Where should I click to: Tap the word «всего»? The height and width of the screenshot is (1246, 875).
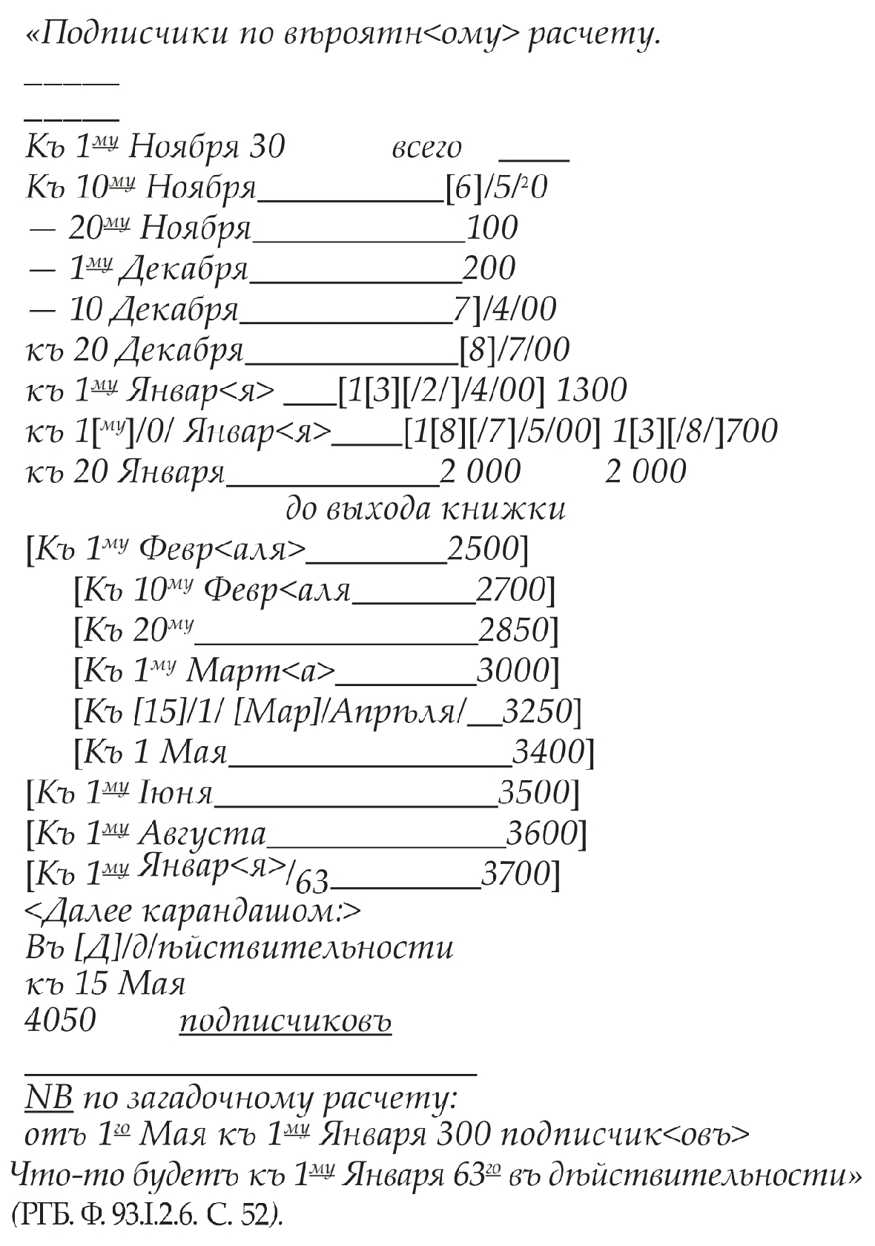tap(426, 148)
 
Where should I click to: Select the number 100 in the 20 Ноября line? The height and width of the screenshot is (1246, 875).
tap(492, 228)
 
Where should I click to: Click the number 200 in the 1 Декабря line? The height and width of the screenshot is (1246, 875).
tap(489, 268)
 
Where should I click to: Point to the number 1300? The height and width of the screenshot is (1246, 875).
tap(591, 389)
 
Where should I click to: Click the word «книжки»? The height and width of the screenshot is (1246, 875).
tap(504, 509)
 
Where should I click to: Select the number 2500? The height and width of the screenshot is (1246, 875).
tap(483, 549)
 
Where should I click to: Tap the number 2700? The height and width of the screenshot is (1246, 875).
tap(511, 590)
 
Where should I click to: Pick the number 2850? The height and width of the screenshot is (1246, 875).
tap(513, 630)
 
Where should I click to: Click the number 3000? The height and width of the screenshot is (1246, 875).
tap(512, 670)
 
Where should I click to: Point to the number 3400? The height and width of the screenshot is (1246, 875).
tap(549, 752)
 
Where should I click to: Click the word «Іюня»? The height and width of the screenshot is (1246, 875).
tap(176, 794)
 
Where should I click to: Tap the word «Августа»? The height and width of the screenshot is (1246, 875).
tap(202, 834)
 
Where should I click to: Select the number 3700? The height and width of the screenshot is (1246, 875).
tap(516, 874)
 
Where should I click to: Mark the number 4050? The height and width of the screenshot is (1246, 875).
tap(61, 1021)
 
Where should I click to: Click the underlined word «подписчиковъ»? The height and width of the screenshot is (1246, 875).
tap(285, 1022)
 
